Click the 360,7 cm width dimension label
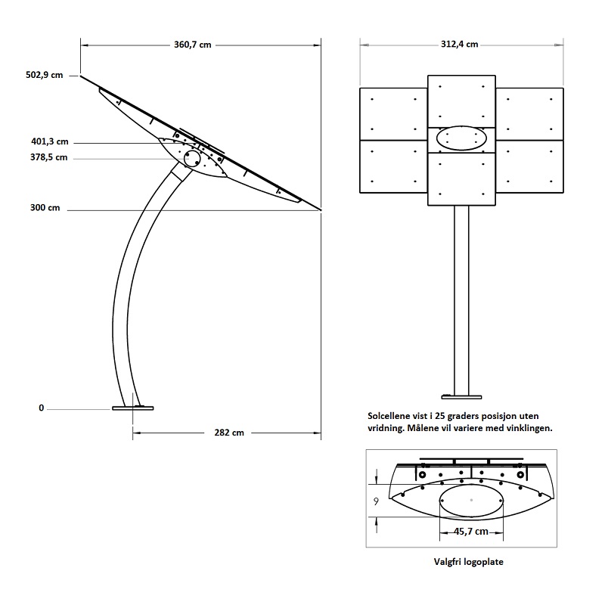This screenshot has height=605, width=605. click(x=193, y=45)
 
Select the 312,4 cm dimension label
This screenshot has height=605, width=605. click(x=459, y=45)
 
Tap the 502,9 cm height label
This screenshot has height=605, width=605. click(x=45, y=75)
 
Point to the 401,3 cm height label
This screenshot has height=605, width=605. click(x=50, y=141)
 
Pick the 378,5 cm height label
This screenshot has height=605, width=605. click(x=49, y=157)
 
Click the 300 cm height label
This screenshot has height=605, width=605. click(x=45, y=207)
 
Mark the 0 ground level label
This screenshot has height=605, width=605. click(x=42, y=408)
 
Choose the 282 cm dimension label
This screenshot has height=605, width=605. click(x=229, y=433)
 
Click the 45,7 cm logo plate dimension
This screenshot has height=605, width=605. click(x=470, y=532)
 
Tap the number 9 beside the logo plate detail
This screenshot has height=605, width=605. click(x=376, y=501)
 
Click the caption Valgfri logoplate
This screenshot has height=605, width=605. click(x=468, y=562)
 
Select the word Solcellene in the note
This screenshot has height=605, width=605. click(x=389, y=416)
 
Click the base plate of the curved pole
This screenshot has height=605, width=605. click(x=133, y=408)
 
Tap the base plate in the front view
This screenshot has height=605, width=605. click(x=461, y=397)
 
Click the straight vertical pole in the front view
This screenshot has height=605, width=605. click(x=461, y=300)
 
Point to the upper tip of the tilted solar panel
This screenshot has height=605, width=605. click(x=81, y=76)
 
